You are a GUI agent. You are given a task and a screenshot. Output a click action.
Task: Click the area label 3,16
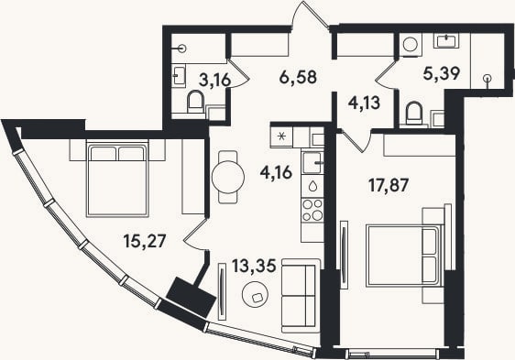click(214, 80)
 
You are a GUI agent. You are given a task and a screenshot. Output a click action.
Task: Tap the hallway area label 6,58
click(298, 77)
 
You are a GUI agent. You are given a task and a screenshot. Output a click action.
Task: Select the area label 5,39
click(441, 73)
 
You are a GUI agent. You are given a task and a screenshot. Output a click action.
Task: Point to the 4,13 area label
click(364, 103)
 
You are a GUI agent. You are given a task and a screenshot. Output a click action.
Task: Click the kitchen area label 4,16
click(276, 172)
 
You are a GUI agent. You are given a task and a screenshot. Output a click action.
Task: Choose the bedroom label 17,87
click(389, 185)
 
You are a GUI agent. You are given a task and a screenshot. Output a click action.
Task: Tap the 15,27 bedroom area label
click(145, 241)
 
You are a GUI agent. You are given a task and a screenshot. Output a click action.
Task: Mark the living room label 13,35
click(254, 266)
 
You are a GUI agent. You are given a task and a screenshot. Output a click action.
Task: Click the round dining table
click(228, 178)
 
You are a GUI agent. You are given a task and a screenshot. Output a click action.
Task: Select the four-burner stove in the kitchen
click(312, 210)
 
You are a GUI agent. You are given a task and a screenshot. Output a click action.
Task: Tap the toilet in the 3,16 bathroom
click(195, 103)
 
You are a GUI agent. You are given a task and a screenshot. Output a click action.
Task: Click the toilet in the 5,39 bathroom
click(414, 114)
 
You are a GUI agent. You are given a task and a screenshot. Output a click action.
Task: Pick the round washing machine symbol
click(411, 44)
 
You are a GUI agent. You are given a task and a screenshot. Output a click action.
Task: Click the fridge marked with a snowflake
click(281, 136)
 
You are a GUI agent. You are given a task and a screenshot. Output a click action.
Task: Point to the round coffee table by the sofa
click(255, 294)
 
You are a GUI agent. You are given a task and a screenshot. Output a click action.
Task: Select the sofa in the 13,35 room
click(301, 295)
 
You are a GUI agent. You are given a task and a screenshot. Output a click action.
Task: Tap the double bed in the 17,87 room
click(405, 256)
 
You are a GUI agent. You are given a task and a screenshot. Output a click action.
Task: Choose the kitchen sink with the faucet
click(312, 162)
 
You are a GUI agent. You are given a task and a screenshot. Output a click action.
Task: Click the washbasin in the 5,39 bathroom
click(446, 41)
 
